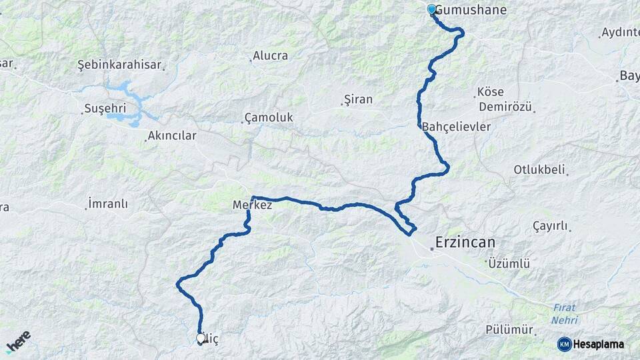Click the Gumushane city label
[471, 10]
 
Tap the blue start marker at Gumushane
[432, 9]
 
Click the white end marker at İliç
[201, 338]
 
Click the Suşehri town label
[106, 108]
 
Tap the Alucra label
[270, 56]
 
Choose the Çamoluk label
[269, 117]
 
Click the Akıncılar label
[172, 136]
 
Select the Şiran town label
[358, 99]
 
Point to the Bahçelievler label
[457, 126]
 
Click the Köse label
[491, 92]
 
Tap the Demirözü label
[505, 107]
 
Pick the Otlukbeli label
[539, 169]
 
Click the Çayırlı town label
[550, 225]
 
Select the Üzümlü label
[509, 263]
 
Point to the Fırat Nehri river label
[564, 313]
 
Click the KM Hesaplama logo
[591, 344]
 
